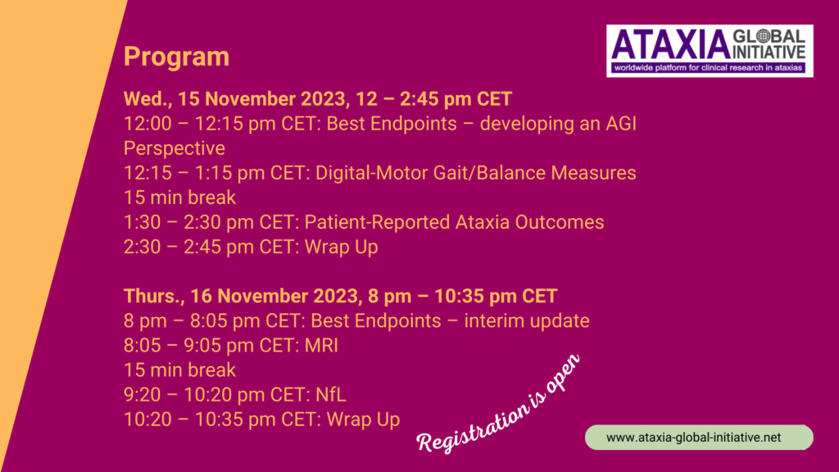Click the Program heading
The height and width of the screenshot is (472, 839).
coord(177,57)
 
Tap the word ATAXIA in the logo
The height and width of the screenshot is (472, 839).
coord(672,45)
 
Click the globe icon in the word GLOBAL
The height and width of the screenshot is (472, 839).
coord(763,36)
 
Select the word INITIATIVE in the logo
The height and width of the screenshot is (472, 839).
coord(769,52)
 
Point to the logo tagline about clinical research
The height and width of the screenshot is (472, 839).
coord(709,67)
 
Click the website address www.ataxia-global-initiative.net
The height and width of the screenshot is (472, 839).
coord(693,438)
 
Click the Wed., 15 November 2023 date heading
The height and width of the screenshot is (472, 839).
coord(318,99)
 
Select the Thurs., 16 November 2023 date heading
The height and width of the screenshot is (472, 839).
coord(340,296)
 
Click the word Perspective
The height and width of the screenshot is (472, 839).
coord(175,148)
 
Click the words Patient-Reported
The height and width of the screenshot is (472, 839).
coord(377,222)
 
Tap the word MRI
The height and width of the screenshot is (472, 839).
coord(321,345)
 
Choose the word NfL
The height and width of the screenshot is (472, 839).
coord(331,394)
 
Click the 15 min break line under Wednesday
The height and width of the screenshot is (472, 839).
coord(179,197)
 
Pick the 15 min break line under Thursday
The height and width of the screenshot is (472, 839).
coord(179,370)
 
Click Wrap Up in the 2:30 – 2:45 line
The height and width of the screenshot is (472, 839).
coord(342,247)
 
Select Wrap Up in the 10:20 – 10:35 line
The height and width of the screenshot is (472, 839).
coord(363,420)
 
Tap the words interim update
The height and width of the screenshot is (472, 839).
coord(527,321)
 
